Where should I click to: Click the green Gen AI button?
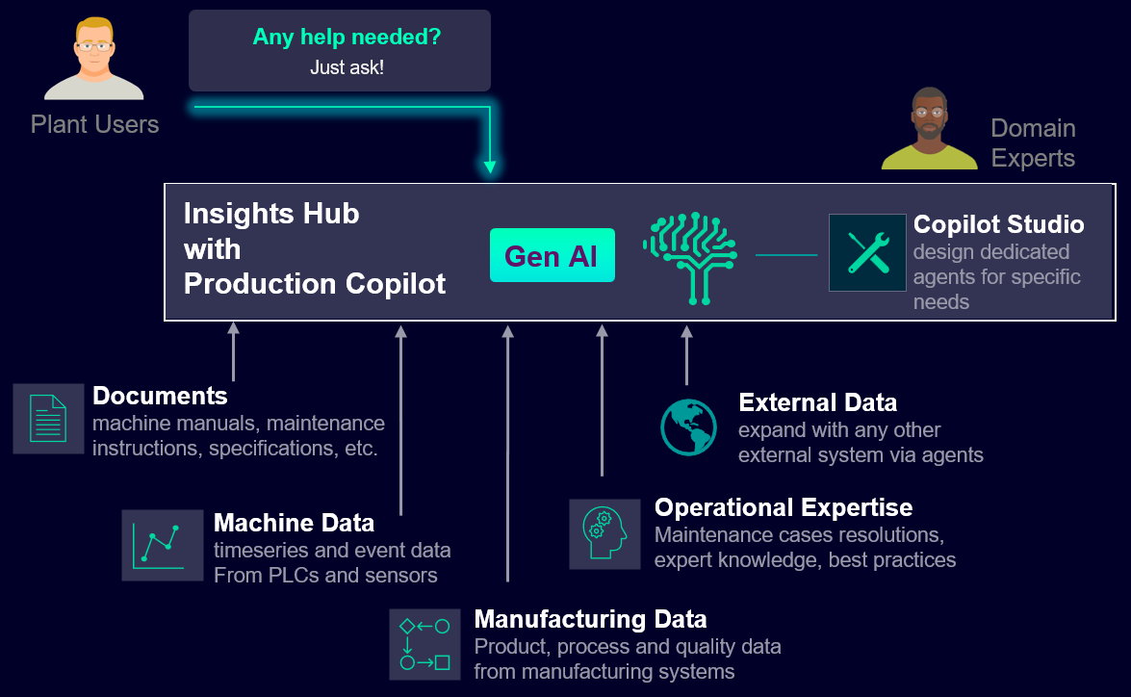click(552, 255)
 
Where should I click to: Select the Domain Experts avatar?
click(929, 129)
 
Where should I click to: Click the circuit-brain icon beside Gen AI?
click(689, 257)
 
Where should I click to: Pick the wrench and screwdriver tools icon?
click(867, 252)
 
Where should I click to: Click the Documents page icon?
click(48, 418)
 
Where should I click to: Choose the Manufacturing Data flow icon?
click(424, 643)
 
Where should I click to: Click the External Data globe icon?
click(688, 426)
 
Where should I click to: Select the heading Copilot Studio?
click(998, 224)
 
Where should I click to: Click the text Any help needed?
click(347, 38)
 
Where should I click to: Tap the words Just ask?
click(347, 67)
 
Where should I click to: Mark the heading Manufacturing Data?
click(590, 619)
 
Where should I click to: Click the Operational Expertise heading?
click(783, 507)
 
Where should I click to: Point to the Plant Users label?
click(94, 124)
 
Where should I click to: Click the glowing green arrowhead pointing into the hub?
click(490, 167)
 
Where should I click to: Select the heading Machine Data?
click(294, 523)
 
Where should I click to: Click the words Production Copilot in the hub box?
click(315, 284)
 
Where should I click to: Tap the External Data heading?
click(817, 402)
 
